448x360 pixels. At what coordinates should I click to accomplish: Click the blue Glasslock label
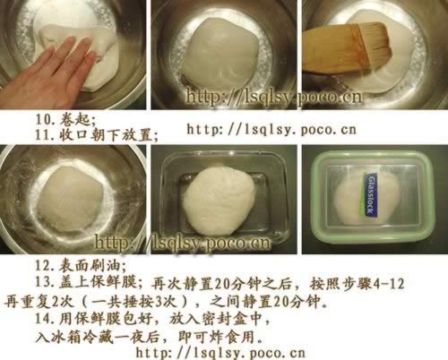[x=371, y=194]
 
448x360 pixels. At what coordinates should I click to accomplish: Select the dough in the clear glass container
[x=220, y=201]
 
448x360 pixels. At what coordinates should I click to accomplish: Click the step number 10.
[x=46, y=120]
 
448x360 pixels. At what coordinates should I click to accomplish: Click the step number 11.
[x=46, y=135]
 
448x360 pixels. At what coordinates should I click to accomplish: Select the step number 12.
[x=46, y=265]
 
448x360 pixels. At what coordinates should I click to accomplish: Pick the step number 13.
[x=46, y=282]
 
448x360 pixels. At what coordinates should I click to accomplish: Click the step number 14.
[x=46, y=319]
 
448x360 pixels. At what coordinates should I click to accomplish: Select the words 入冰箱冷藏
[x=74, y=338]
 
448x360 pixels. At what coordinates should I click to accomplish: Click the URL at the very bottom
[x=220, y=353]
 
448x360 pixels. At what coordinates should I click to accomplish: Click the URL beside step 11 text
[x=271, y=130]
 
